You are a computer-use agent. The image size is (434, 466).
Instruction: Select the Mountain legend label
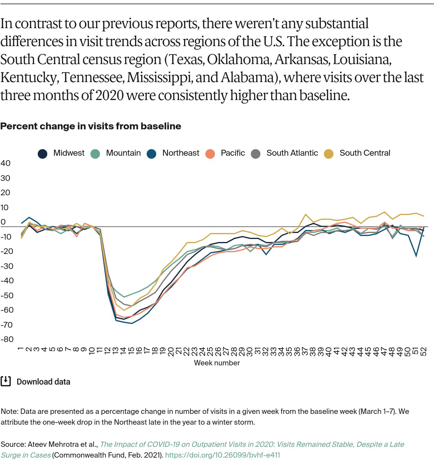coord(123,153)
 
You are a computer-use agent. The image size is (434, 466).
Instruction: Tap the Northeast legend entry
coord(180,153)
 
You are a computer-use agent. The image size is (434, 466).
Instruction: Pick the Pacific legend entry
coord(233,153)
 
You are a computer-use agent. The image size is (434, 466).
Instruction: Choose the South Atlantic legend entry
coord(292,153)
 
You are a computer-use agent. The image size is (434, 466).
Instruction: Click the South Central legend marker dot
coord(329,154)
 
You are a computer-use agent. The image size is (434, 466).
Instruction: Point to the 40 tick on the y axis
coord(5,163)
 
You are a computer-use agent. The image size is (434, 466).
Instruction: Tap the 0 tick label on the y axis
coord(3,222)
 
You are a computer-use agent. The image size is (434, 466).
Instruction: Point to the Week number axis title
coord(217,363)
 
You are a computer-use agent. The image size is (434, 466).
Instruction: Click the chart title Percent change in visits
coord(91,126)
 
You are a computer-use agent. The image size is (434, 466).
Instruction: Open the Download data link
coord(43,382)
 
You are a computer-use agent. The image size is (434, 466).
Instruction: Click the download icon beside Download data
coord(6,381)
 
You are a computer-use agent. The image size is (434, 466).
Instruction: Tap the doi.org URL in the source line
coord(222,455)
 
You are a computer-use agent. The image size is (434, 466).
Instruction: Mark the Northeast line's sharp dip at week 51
coord(416,256)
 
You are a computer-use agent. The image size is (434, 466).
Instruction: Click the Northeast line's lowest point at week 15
coord(131,323)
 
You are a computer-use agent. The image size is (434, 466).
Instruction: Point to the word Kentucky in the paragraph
coord(29,78)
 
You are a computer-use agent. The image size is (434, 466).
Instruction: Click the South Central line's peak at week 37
coord(305,214)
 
